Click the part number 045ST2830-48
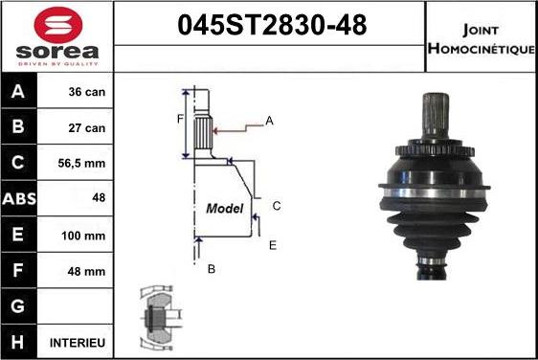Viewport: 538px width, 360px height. coord(271,26)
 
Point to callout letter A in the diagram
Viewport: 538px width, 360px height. coord(270,120)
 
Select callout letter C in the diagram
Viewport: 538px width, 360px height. coord(276,205)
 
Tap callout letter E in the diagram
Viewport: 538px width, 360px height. coord(273,245)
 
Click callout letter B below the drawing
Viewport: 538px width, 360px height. coord(212,269)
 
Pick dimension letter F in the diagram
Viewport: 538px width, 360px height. coord(179,119)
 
